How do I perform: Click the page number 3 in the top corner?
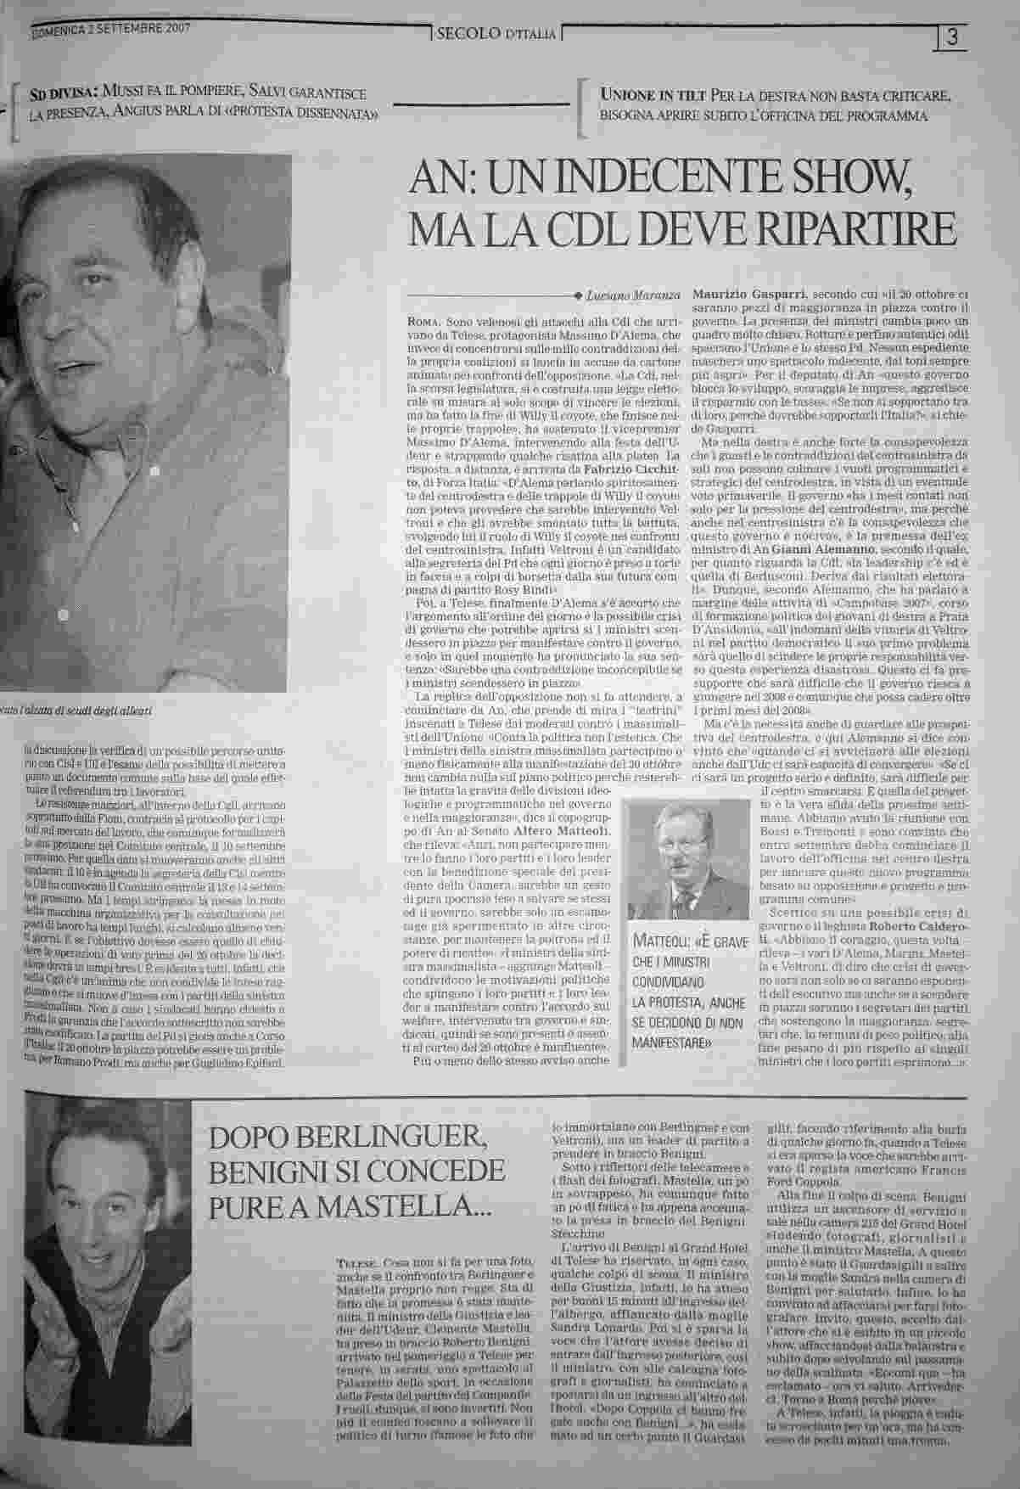coord(953,37)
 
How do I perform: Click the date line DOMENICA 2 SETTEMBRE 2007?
coord(111,29)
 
